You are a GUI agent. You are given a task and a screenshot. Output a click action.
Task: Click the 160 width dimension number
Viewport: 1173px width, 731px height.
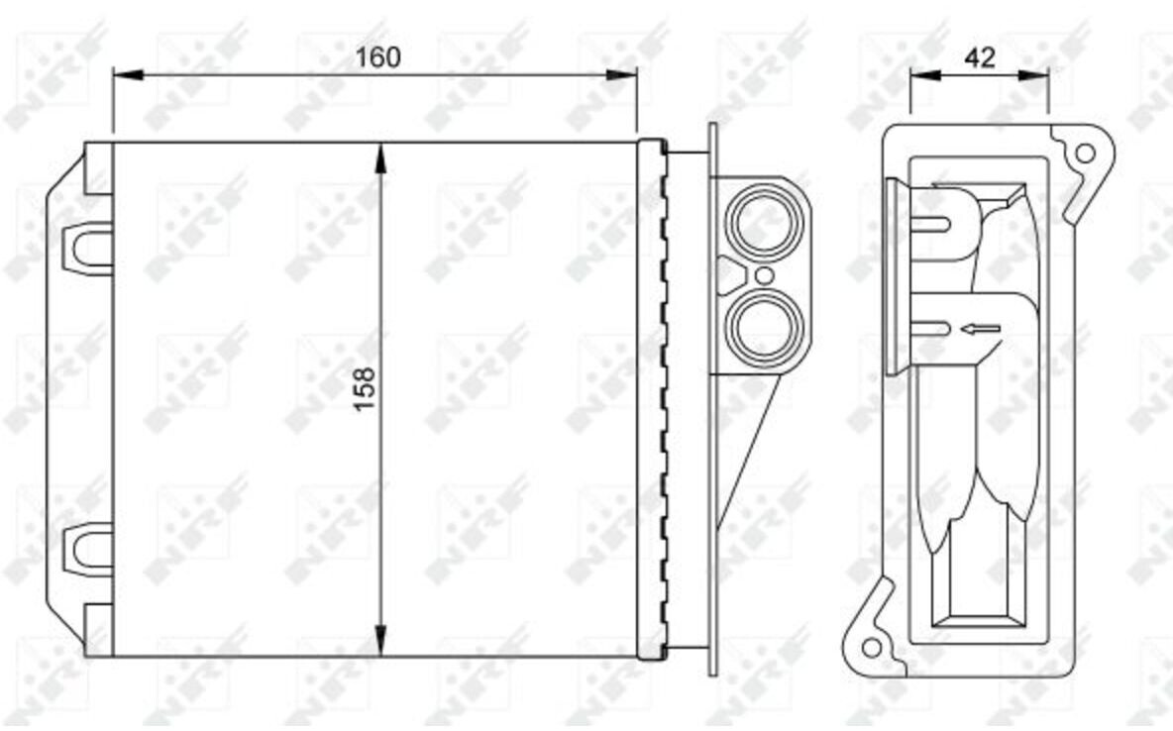[377, 57]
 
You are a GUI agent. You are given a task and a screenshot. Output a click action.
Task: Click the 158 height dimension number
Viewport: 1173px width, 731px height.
[365, 388]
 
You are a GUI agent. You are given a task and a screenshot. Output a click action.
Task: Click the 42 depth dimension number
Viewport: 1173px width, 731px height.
[980, 56]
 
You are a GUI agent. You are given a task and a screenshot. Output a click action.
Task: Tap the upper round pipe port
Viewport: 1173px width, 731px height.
[765, 223]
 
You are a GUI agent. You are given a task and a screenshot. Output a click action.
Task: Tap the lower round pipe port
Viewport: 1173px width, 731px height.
[765, 328]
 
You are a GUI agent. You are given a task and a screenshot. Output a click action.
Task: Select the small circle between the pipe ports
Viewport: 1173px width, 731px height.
[765, 275]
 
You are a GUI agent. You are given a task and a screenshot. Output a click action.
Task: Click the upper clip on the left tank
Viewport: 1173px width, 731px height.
[88, 248]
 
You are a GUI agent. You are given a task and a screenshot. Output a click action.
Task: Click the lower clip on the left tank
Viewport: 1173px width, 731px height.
[88, 550]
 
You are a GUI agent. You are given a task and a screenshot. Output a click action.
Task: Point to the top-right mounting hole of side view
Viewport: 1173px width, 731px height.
[1085, 154]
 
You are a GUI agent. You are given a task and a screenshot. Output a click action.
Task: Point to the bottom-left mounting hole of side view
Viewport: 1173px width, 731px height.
[872, 647]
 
